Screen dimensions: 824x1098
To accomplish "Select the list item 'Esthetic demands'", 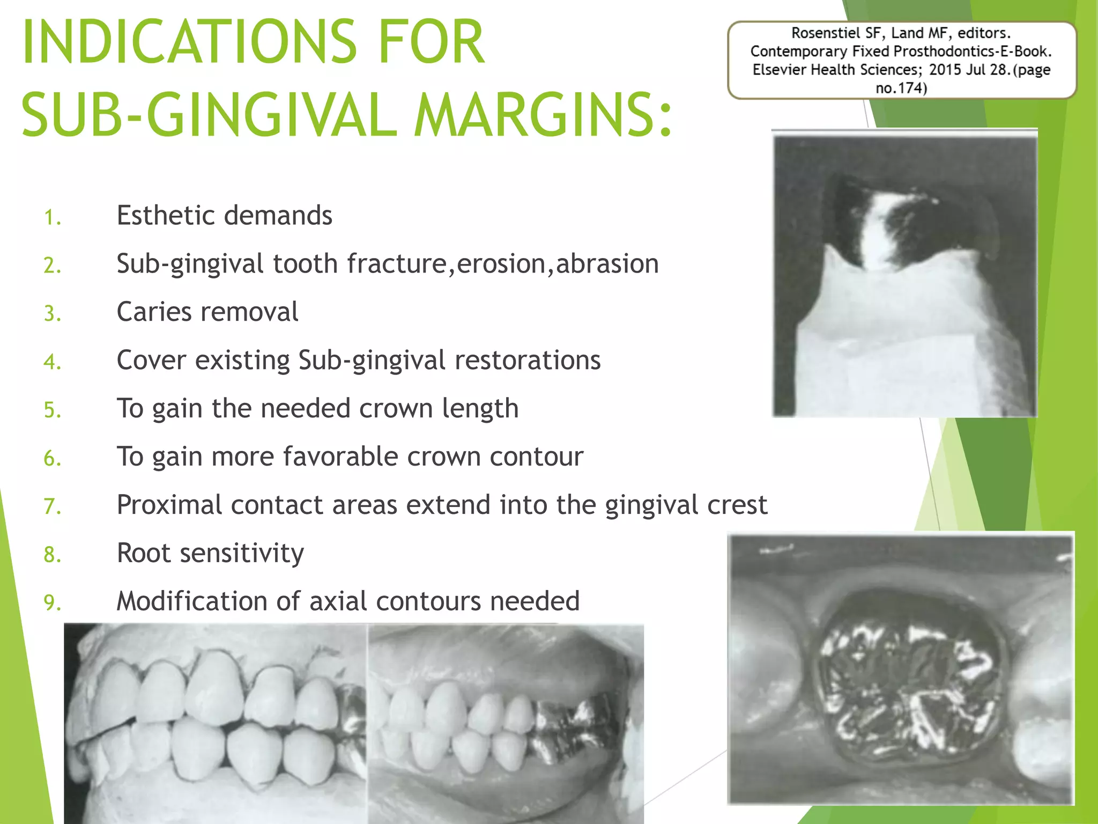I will tap(224, 216).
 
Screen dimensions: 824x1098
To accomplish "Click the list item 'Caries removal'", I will tap(207, 312).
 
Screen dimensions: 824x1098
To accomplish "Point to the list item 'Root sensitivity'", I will tap(210, 553).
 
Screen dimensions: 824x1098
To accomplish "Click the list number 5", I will tap(52, 410).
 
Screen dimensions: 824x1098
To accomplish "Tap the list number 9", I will tap(52, 603).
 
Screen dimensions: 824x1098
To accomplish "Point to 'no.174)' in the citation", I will tap(901, 88).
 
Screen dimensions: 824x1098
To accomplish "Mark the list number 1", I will tap(52, 218).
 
